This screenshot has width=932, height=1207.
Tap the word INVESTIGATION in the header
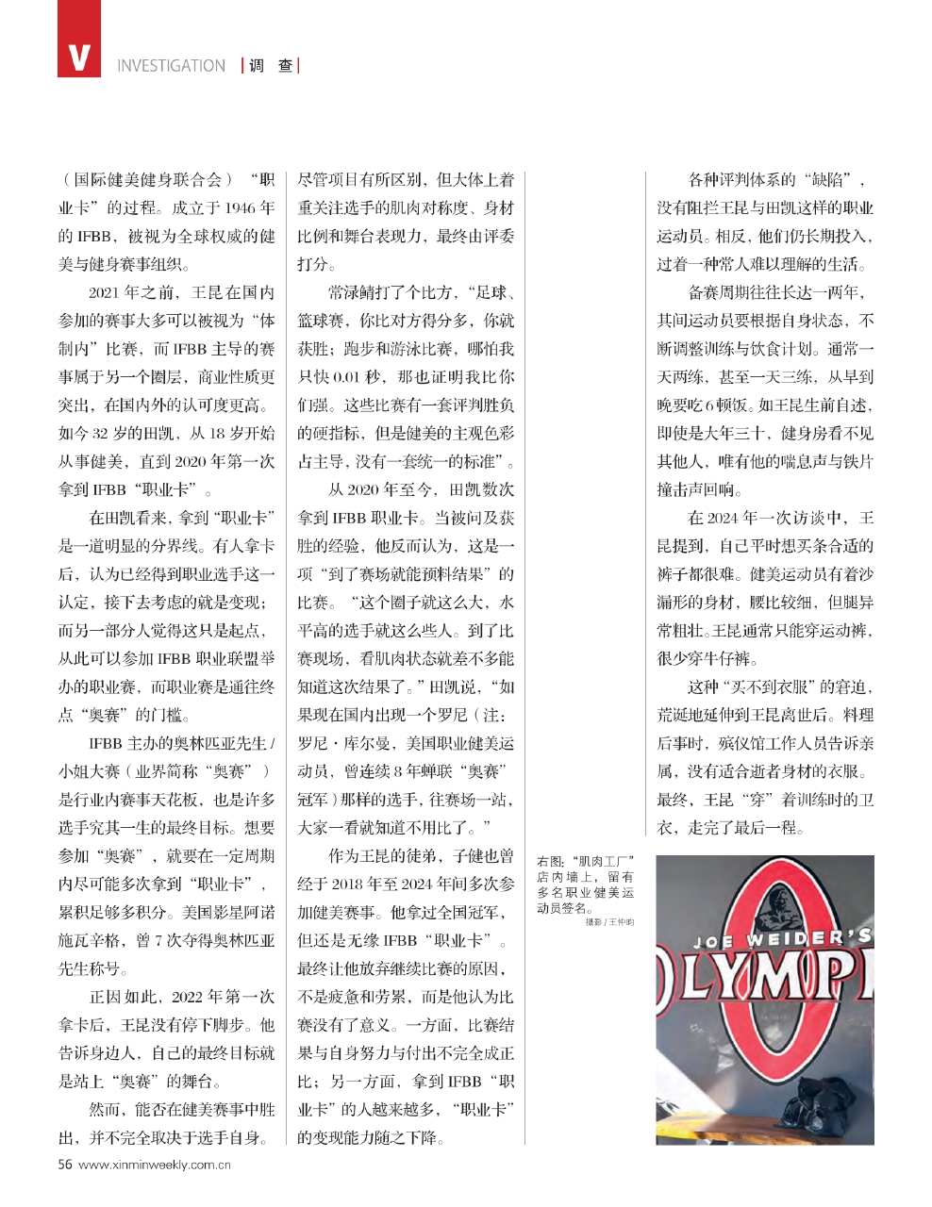point(171,66)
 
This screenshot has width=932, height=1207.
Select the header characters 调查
point(271,66)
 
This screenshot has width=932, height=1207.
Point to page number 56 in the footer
point(65,1164)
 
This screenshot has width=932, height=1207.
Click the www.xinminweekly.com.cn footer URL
point(156,1164)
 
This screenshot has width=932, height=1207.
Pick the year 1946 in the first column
point(241,208)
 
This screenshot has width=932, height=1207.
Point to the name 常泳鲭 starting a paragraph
point(351,293)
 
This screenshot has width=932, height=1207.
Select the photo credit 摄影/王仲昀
point(608,922)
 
